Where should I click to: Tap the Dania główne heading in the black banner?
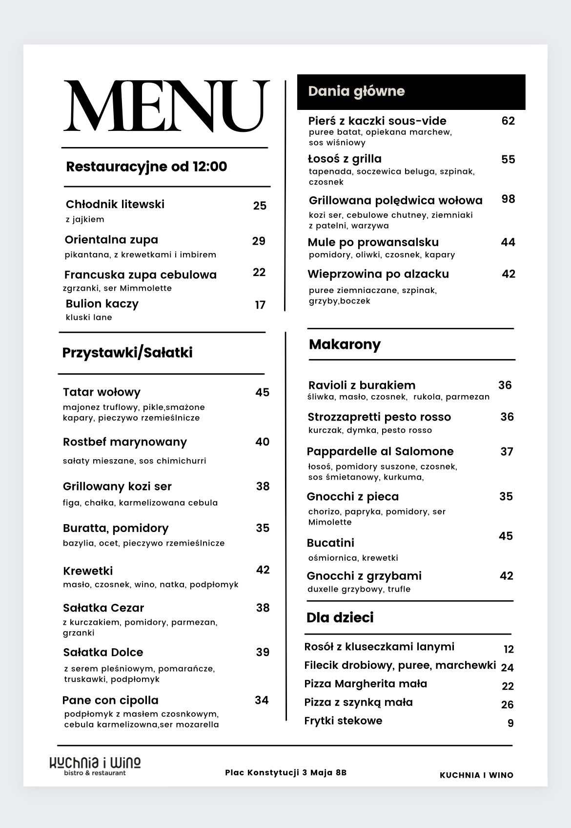[356, 91]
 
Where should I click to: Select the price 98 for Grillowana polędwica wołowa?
[508, 199]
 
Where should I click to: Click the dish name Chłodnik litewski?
[115, 204]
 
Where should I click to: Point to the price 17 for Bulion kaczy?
[260, 305]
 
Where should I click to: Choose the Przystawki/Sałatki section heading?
[127, 353]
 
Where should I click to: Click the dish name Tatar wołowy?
[102, 392]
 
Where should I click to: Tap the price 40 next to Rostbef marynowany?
[262, 442]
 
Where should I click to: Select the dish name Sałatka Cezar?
[103, 608]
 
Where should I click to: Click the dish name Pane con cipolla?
[110, 701]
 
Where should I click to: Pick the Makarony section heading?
[345, 344]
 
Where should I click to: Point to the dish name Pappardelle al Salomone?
[380, 451]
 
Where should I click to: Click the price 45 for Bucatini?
[506, 536]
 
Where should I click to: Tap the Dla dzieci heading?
[340, 617]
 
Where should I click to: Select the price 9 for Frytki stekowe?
[510, 723]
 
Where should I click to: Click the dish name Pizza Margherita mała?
[366, 684]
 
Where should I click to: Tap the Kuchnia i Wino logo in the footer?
[95, 765]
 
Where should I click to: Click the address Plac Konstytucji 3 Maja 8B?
[285, 773]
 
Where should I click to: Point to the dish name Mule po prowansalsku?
[373, 243]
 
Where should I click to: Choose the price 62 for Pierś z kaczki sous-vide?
[508, 121]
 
